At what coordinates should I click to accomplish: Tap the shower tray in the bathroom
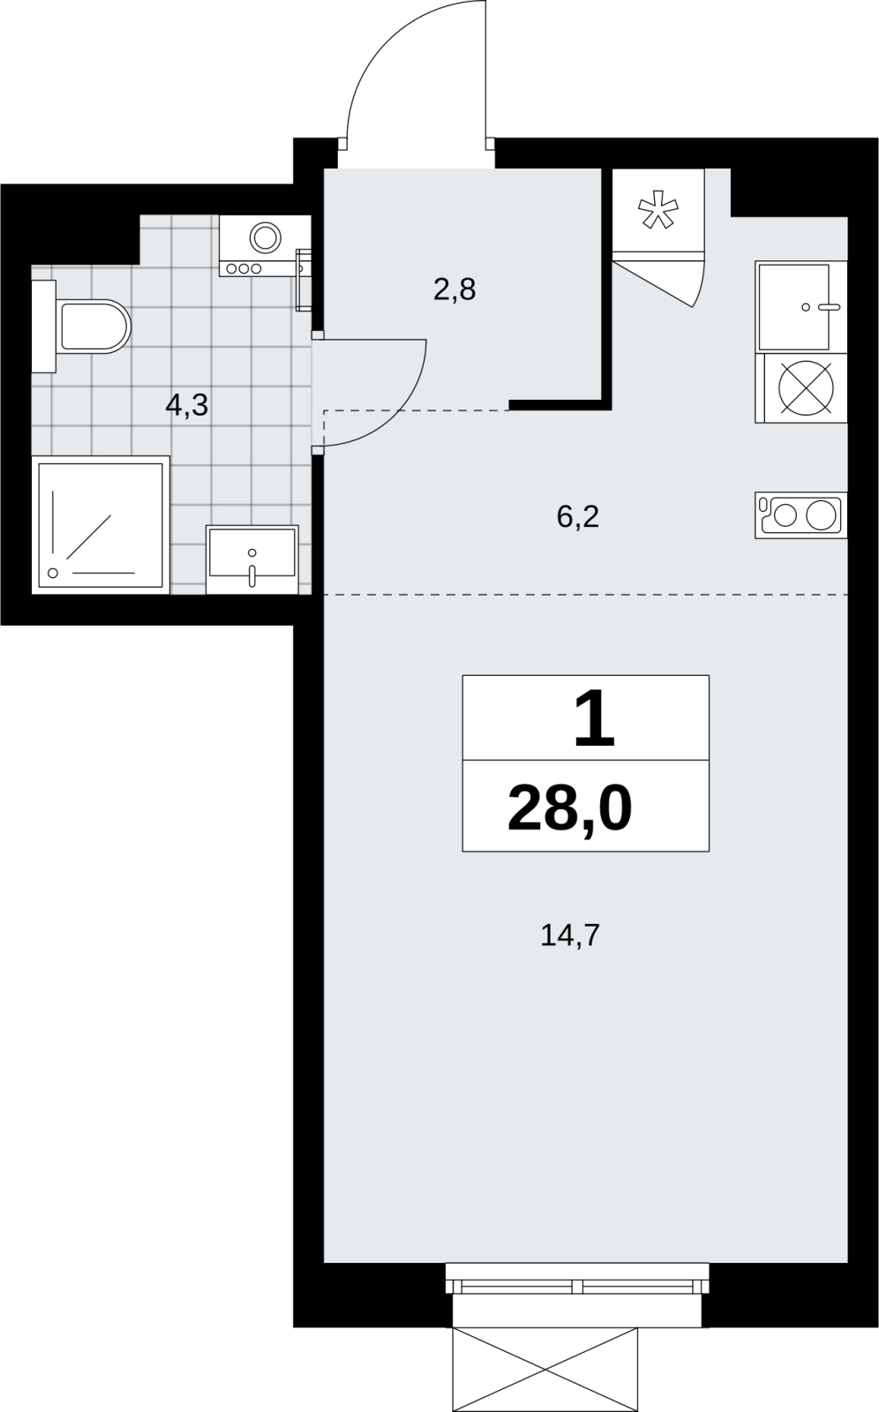tap(101, 524)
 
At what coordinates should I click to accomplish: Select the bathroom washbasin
tap(252, 560)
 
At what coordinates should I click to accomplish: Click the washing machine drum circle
tap(266, 237)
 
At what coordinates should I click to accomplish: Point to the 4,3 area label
tap(186, 405)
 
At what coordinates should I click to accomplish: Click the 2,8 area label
tap(455, 289)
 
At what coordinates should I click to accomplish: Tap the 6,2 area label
tap(577, 516)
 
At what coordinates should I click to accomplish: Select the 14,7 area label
tap(570, 935)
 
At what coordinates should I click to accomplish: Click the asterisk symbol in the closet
tap(658, 209)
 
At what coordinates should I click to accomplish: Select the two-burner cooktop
tap(800, 515)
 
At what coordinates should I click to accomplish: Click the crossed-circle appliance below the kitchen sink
tap(806, 387)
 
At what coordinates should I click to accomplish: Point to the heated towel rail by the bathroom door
tap(304, 279)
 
